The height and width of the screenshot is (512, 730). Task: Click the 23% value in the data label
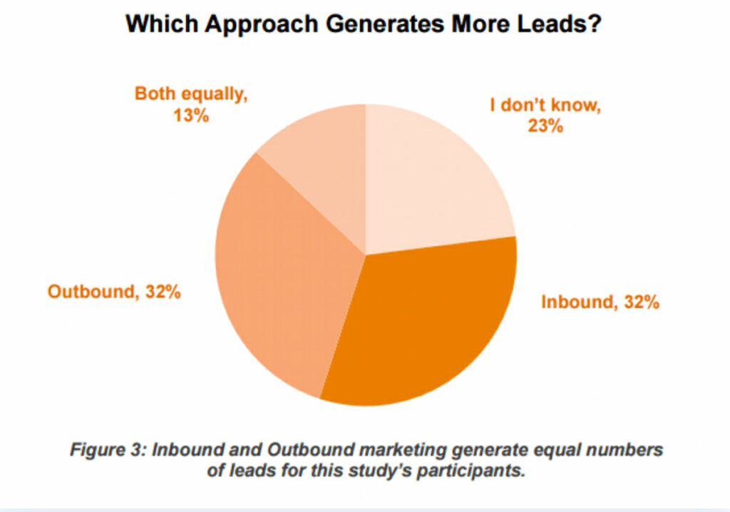pyautogui.click(x=545, y=127)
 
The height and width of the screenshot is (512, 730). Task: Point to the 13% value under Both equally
pyautogui.click(x=191, y=115)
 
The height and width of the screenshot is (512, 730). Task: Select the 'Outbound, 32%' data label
pyautogui.click(x=114, y=292)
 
